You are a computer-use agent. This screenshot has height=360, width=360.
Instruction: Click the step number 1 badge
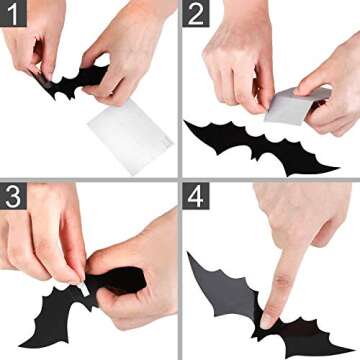[14, 15]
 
